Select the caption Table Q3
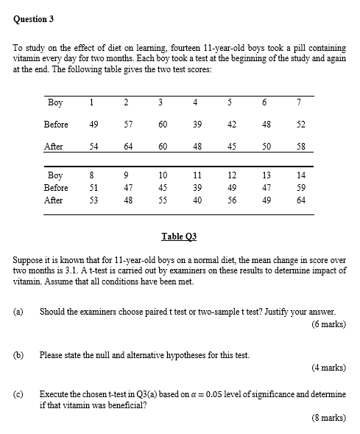point(180,237)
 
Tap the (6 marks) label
point(328,323)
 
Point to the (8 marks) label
point(328,417)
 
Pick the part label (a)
point(18,312)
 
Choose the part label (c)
point(18,394)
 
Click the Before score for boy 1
point(93,125)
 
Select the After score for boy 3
point(162,147)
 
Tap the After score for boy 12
point(232,199)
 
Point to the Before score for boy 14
point(301,187)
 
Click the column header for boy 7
point(301,102)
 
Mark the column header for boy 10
point(162,175)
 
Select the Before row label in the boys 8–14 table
point(56,187)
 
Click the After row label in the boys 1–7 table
point(54,147)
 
